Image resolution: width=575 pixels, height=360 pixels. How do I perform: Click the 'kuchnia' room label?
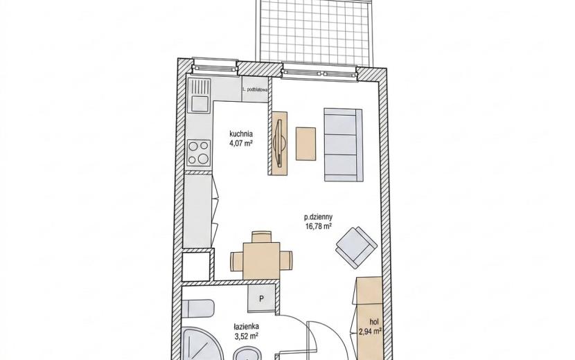241,134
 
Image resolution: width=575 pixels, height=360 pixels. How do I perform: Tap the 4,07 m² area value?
241,143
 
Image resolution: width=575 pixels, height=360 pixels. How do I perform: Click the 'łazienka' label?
247,326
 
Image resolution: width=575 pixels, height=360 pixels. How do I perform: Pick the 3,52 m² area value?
247,336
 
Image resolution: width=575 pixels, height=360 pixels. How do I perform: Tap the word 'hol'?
374,322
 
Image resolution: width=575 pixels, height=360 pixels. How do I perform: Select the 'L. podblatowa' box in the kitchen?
256,89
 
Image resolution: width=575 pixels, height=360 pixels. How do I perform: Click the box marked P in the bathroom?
261,299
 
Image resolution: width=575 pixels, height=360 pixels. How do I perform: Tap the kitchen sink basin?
198,103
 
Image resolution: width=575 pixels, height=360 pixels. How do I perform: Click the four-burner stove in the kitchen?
199,153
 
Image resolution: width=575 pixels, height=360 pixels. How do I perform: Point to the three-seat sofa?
343,145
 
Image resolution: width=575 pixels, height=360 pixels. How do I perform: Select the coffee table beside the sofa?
306,143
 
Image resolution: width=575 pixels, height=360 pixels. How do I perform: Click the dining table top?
261,260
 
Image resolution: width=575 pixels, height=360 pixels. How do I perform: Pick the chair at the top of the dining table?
262,237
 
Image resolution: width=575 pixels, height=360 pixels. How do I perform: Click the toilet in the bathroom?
198,309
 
